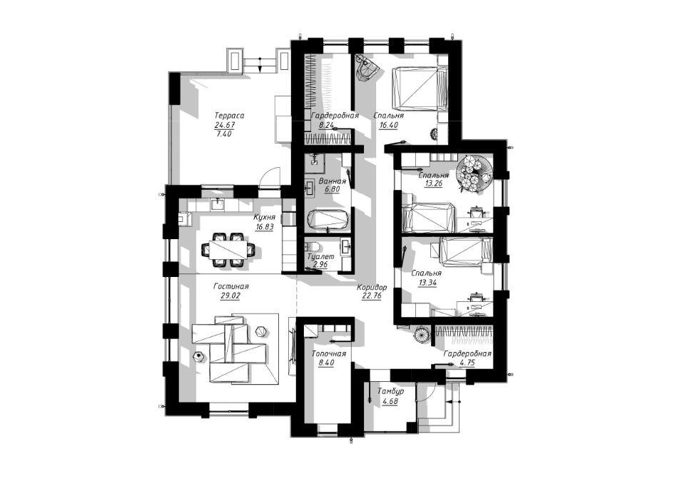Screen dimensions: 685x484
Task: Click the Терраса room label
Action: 229,116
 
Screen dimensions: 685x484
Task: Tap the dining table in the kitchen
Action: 226,250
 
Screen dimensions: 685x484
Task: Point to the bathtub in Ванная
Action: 328,218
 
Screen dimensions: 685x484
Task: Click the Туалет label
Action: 320,257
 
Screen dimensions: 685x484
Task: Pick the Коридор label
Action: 372,287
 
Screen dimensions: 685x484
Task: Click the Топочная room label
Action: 328,353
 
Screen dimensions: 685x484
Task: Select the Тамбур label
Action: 390,391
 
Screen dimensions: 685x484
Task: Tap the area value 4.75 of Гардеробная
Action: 467,363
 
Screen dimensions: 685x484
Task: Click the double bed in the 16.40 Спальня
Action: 419,87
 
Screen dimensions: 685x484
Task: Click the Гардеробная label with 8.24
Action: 335,116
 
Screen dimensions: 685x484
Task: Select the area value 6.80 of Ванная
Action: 332,191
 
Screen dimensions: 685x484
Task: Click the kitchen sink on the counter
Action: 218,203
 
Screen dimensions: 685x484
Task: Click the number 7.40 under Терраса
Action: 223,134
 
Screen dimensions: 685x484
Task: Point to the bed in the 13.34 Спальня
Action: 467,251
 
